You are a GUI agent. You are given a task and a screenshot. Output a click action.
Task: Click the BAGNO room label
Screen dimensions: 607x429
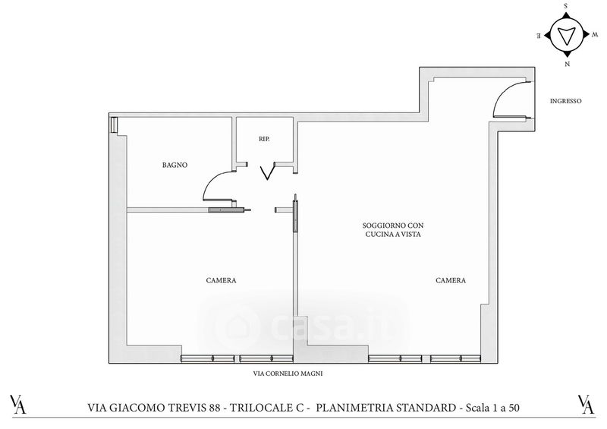175,165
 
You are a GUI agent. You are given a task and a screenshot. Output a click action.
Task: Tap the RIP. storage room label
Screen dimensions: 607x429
264,139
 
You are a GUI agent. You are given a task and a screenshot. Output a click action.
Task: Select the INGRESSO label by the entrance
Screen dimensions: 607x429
565,101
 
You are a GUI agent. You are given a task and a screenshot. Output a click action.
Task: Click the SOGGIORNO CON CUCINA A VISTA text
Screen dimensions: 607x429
393,230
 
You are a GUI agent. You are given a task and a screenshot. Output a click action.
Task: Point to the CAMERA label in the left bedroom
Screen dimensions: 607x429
221,280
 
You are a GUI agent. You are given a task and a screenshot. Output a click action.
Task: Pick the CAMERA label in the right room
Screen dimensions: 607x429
451,280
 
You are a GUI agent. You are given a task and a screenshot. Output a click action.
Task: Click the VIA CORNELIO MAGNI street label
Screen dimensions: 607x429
288,374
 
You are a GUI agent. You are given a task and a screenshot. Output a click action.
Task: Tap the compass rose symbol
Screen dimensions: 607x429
567,35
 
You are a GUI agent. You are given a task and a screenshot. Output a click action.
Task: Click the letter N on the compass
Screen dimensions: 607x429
567,64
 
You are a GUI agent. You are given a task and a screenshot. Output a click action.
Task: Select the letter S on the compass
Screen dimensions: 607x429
566,6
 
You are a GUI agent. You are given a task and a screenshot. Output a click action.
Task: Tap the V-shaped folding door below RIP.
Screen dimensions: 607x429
268,172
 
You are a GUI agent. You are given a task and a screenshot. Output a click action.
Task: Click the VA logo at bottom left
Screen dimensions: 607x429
18,404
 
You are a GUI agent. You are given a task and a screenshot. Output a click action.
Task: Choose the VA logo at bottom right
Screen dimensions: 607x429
586,404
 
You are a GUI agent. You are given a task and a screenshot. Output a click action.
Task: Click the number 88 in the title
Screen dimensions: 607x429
215,408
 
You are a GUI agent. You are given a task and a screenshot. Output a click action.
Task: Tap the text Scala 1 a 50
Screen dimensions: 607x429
492,408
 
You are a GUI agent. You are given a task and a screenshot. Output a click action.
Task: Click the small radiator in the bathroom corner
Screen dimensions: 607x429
113,125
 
